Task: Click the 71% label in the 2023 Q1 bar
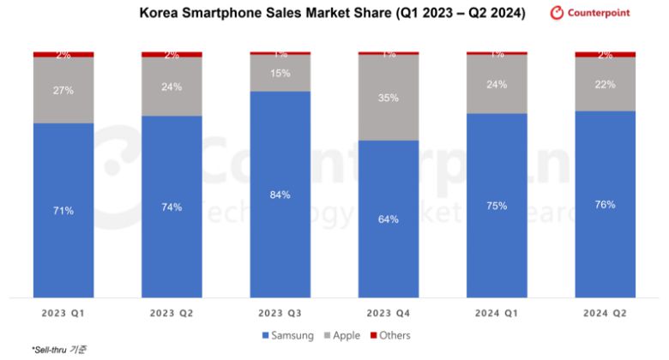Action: click(x=63, y=210)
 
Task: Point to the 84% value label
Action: click(x=280, y=195)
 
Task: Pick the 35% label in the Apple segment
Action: click(x=389, y=98)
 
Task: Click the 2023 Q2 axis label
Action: click(x=172, y=314)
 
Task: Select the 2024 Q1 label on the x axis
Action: click(x=497, y=314)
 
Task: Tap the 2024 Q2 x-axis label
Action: click(x=605, y=314)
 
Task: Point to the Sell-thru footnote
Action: click(x=60, y=350)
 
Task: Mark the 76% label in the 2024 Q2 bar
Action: click(x=605, y=204)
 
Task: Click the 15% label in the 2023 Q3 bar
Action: click(x=280, y=74)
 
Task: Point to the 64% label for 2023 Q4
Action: click(x=389, y=219)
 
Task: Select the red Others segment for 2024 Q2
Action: click(x=605, y=54)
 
